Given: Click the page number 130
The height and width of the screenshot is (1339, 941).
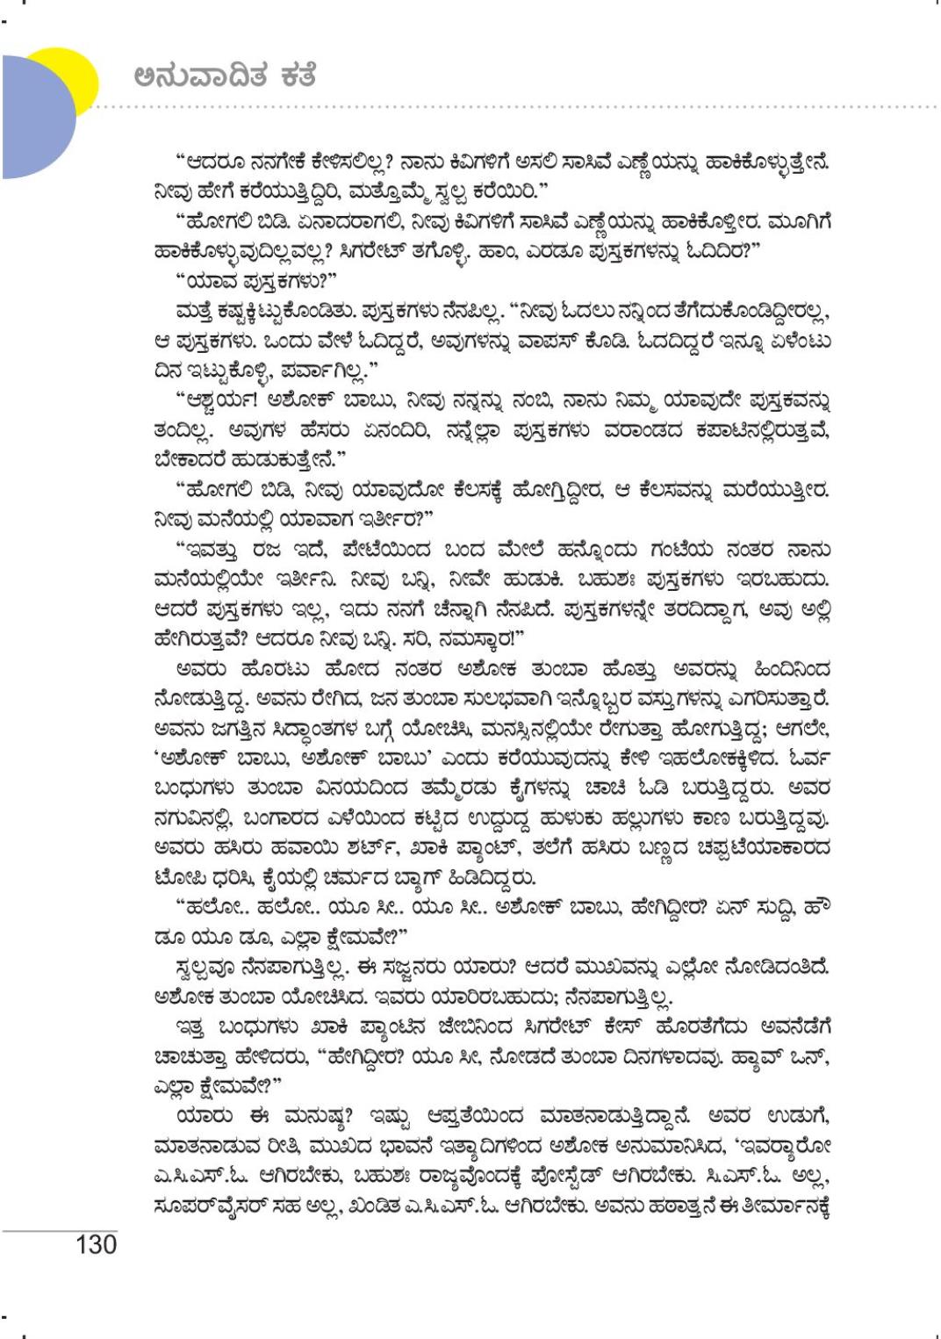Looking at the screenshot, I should tap(96, 1244).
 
